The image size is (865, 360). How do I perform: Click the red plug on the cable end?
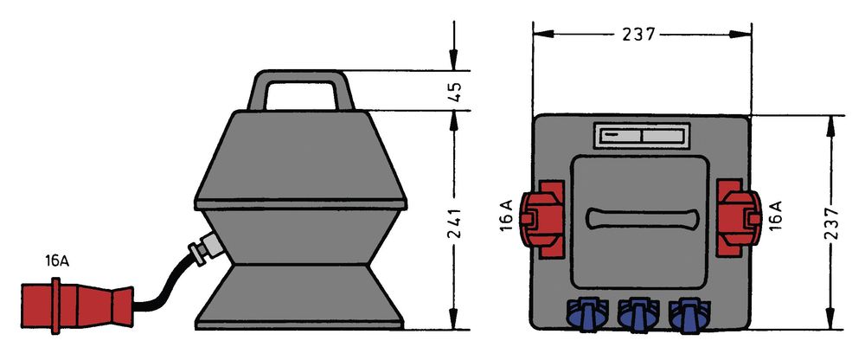click(77, 305)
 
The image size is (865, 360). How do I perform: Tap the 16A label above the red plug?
click(57, 261)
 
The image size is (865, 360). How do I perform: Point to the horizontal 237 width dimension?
click(640, 35)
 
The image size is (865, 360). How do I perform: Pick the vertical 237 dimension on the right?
click(831, 222)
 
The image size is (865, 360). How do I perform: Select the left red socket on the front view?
click(543, 219)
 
